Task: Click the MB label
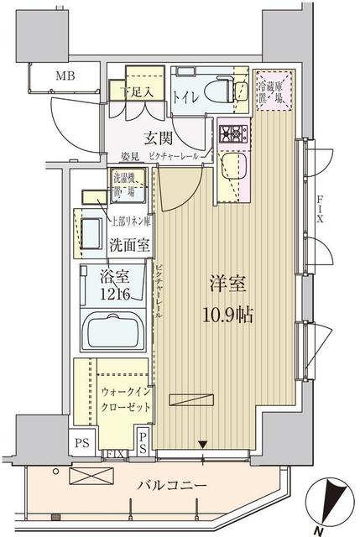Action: click(x=65, y=78)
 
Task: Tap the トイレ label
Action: click(x=185, y=97)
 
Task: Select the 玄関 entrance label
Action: click(x=152, y=138)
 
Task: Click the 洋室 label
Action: click(x=227, y=285)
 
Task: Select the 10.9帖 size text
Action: click(x=227, y=315)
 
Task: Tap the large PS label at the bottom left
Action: click(x=81, y=441)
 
